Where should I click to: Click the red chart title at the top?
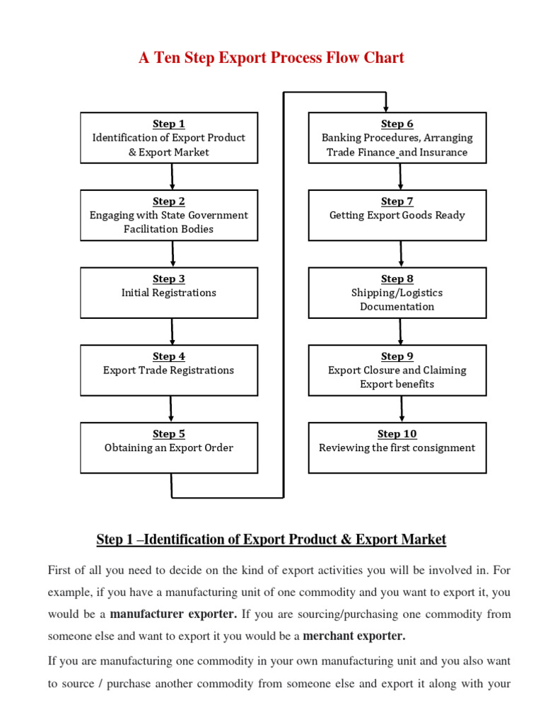(x=271, y=58)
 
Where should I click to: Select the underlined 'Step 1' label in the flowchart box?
(x=169, y=124)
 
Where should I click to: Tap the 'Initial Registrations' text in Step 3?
(x=169, y=293)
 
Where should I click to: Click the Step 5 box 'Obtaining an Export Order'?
(x=169, y=448)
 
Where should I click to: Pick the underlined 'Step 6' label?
(x=397, y=124)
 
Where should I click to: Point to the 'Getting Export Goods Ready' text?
(x=397, y=215)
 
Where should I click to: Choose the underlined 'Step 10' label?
(x=397, y=434)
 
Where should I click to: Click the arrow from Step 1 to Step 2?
(x=171, y=176)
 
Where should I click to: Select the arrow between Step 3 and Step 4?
(x=172, y=331)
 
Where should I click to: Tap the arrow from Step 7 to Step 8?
(x=401, y=253)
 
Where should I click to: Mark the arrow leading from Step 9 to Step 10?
(x=402, y=409)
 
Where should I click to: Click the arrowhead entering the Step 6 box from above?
(x=385, y=107)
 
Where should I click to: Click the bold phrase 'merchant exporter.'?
(x=354, y=636)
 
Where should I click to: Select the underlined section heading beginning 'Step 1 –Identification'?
(x=271, y=540)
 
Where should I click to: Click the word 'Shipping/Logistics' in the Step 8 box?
(x=397, y=293)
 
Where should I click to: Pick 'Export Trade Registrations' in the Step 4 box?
(x=169, y=370)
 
